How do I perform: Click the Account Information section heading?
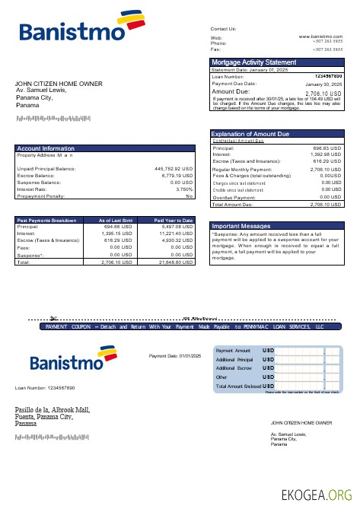(46, 148)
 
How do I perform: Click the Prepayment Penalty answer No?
(190, 196)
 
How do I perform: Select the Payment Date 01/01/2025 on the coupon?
(174, 355)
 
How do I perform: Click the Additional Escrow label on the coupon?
(234, 367)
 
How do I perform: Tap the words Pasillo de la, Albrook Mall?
(53, 411)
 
